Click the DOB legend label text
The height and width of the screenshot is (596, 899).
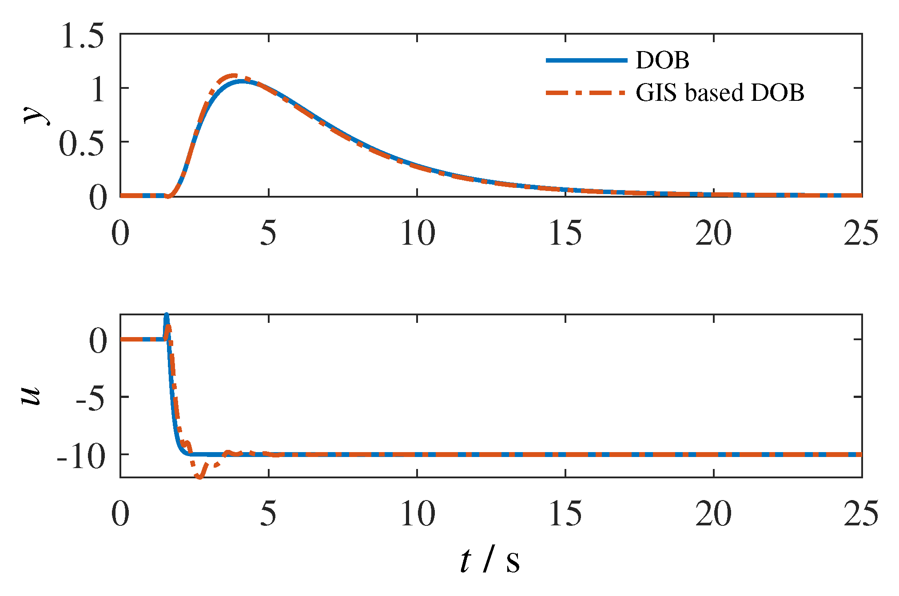coord(662,60)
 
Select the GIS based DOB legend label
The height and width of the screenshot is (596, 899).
coord(720,93)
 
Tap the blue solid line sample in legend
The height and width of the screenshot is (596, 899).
coord(586,60)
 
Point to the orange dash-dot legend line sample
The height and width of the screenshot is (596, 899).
coord(586,93)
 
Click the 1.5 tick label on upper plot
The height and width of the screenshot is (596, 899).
coord(83,36)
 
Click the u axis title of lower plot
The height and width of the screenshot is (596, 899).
coord(31,395)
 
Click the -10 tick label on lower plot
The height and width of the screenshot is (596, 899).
coord(82,457)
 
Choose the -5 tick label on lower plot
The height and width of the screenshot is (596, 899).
coord(90,399)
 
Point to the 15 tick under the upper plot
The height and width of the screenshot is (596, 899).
coord(565,233)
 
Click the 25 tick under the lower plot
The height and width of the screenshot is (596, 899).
coord(861,514)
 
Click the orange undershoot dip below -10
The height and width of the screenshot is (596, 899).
coord(199,477)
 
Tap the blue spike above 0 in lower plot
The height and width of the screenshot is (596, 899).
coord(167,316)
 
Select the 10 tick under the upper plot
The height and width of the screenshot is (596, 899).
coord(417,233)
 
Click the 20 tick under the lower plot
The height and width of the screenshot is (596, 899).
coord(713,514)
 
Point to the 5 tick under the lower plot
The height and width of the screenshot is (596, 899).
coord(268,514)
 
